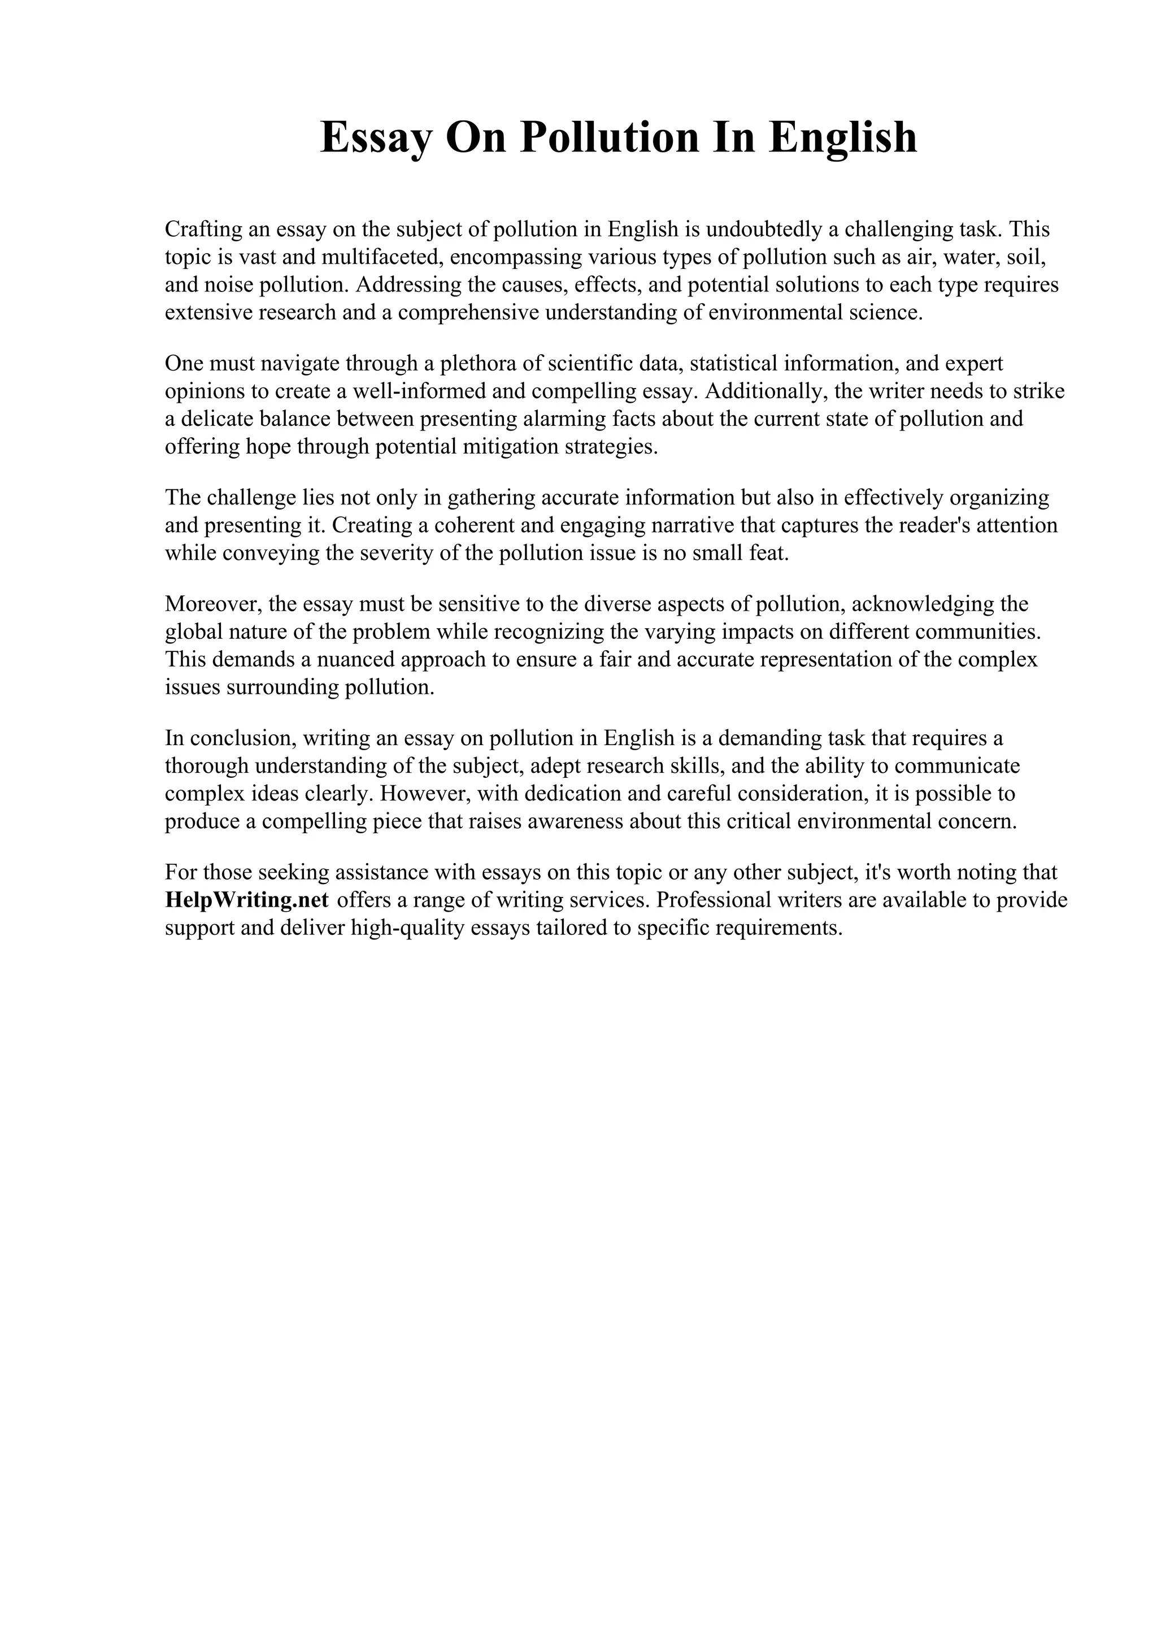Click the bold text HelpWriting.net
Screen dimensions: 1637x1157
(247, 900)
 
